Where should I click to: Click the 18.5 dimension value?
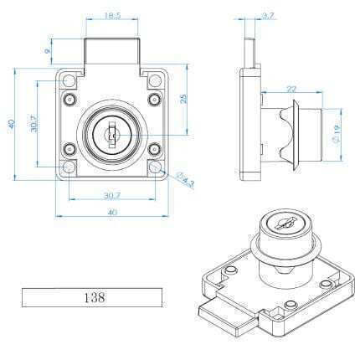(112, 15)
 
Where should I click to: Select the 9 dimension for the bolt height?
(47, 51)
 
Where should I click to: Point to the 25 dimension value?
(183, 99)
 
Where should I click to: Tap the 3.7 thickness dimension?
(269, 16)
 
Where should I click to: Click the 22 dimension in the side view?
(291, 90)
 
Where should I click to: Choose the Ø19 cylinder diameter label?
(337, 134)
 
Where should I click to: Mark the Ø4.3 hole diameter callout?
(185, 179)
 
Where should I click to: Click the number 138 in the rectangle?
(95, 297)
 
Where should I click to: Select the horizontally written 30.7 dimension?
(112, 196)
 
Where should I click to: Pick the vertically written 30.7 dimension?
(33, 123)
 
